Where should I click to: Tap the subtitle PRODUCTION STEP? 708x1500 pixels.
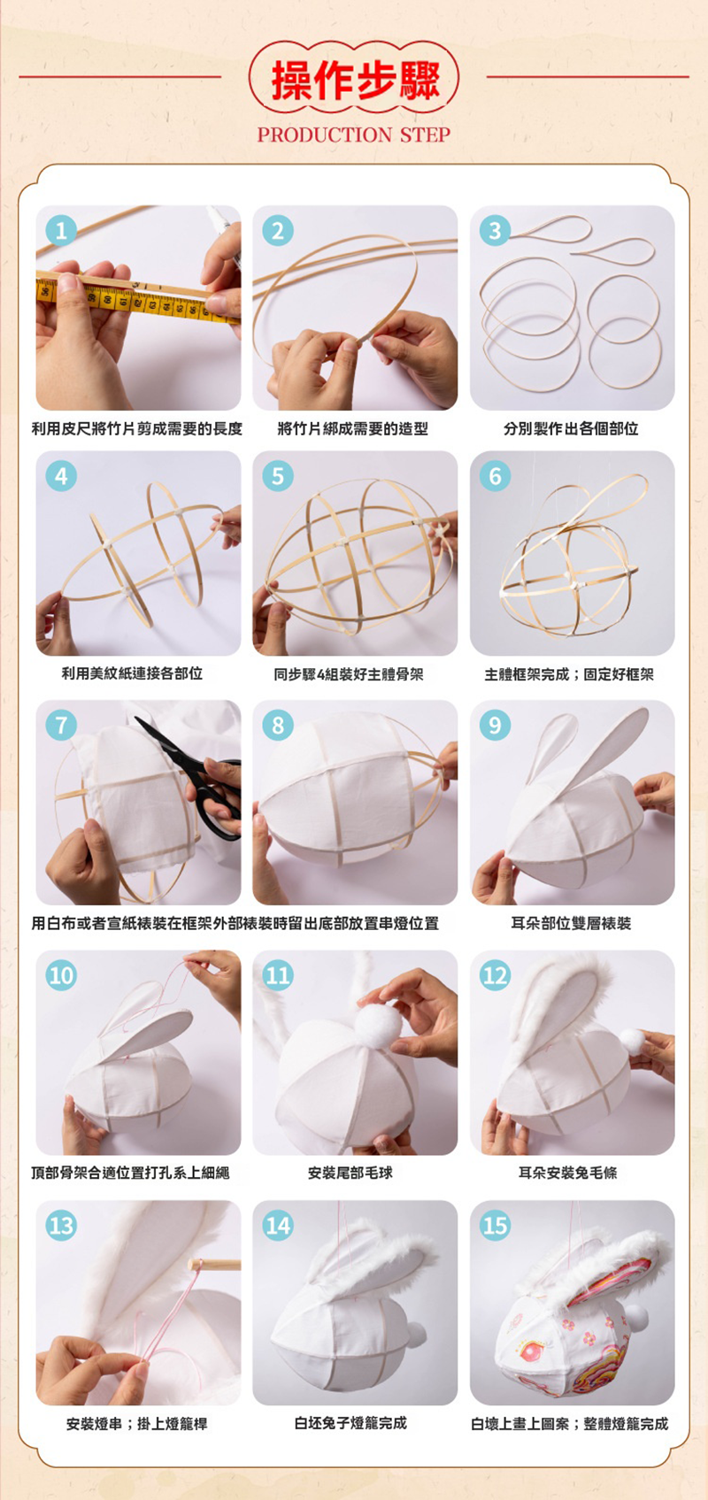tap(354, 135)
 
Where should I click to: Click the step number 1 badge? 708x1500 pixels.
tap(61, 231)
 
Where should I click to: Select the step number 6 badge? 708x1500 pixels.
tap(495, 476)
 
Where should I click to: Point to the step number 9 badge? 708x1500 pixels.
tap(495, 726)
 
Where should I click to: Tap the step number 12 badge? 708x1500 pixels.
tap(495, 975)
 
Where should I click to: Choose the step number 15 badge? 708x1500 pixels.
tap(495, 1226)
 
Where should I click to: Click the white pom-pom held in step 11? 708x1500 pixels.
tap(379, 1026)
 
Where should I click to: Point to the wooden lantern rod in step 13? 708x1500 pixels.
tap(214, 1265)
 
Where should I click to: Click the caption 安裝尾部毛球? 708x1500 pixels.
tap(350, 1173)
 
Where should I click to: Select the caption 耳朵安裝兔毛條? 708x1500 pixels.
tap(568, 1173)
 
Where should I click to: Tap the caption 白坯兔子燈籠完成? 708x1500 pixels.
tap(351, 1423)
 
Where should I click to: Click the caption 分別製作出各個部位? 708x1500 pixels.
tap(572, 428)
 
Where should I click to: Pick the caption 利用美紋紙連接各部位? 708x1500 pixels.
tap(132, 673)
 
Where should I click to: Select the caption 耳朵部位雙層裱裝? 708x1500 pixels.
tap(572, 923)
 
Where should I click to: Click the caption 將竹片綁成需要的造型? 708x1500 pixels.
tap(353, 428)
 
